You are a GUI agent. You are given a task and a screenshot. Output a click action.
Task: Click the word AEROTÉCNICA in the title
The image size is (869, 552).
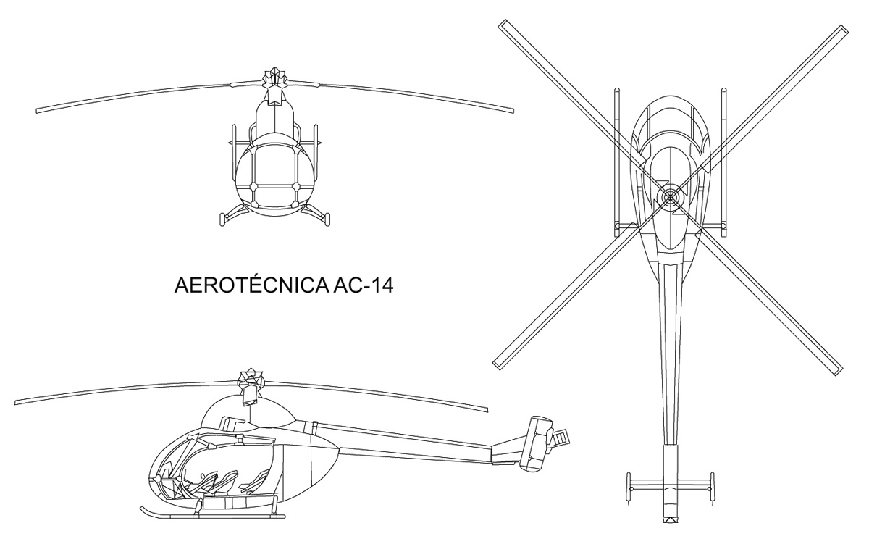(251, 285)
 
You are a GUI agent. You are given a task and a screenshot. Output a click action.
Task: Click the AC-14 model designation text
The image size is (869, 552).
(363, 285)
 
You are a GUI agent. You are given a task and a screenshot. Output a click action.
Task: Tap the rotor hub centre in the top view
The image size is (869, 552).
(670, 197)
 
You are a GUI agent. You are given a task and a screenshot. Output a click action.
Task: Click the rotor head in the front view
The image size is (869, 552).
(274, 77)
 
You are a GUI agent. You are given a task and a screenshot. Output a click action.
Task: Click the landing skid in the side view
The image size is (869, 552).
(213, 513)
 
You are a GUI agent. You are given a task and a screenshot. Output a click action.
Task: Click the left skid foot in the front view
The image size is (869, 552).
(222, 219)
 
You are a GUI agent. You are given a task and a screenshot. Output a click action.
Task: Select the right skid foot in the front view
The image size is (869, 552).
(327, 219)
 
